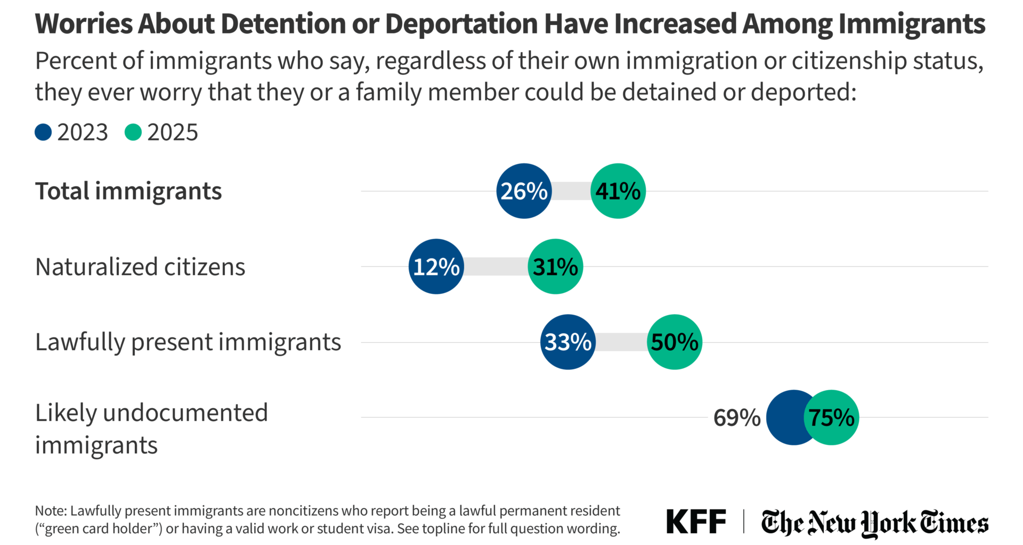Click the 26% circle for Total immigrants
click(524, 191)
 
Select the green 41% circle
click(618, 191)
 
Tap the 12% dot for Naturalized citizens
click(436, 267)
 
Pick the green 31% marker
click(555, 267)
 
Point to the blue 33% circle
click(567, 342)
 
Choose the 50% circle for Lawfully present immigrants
click(675, 342)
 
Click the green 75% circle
click(832, 418)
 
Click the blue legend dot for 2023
click(43, 133)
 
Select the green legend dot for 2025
click(133, 133)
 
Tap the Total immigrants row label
click(128, 191)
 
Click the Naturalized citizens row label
click(140, 267)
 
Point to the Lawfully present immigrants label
click(188, 342)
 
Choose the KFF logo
click(696, 522)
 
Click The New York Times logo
click(874, 523)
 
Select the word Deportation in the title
click(461, 24)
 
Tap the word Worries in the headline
click(84, 24)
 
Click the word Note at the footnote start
click(50, 511)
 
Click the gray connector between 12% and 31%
click(496, 267)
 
